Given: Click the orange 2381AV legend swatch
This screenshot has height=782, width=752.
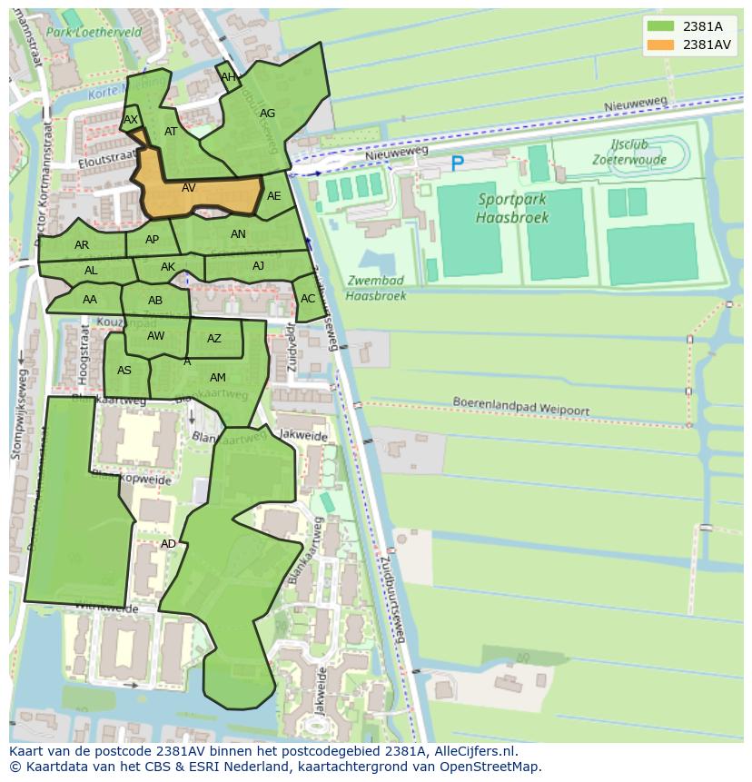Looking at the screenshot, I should [x=660, y=45].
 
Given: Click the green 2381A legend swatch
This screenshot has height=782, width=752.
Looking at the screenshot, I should [x=660, y=26].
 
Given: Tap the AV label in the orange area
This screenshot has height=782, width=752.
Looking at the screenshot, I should [x=189, y=188].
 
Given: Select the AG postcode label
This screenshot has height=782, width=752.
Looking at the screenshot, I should [x=267, y=114].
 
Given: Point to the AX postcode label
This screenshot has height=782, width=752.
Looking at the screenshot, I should [x=131, y=120].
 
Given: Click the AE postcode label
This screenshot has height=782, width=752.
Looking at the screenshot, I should [x=274, y=196].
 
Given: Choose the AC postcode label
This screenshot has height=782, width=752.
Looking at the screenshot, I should [x=308, y=299].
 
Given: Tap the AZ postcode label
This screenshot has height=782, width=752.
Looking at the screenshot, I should [x=214, y=339].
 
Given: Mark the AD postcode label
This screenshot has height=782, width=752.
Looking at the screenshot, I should [x=168, y=544].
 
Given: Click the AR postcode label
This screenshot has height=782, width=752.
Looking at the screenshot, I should [x=82, y=245].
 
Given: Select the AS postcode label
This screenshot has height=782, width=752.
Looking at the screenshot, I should [x=124, y=370].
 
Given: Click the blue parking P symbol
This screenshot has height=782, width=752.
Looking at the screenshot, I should [x=457, y=164].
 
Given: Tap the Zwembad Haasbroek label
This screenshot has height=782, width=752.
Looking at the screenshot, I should [x=376, y=288].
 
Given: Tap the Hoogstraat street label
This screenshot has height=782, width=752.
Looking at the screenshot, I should [x=84, y=354].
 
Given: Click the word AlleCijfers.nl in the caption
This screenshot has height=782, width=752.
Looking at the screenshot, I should [x=472, y=751].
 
